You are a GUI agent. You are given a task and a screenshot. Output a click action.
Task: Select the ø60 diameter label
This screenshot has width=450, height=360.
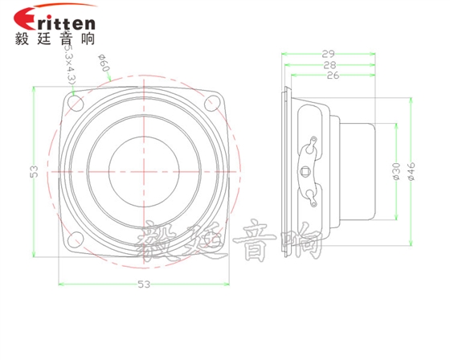tap(102, 63)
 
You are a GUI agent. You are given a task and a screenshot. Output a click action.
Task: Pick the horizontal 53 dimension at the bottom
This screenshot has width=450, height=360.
tap(144, 284)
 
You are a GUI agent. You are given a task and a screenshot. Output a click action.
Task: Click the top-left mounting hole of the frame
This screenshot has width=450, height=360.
tap(77, 103)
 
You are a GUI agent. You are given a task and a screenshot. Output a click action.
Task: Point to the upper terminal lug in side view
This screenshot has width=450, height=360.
tap(309, 145)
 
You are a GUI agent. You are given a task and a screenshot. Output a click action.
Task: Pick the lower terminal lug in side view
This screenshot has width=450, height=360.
tap(309, 194)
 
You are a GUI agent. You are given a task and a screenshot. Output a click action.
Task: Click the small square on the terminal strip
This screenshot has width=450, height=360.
tap(305, 170)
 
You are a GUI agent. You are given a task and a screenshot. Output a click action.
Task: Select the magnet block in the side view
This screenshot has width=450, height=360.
tap(357, 170)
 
